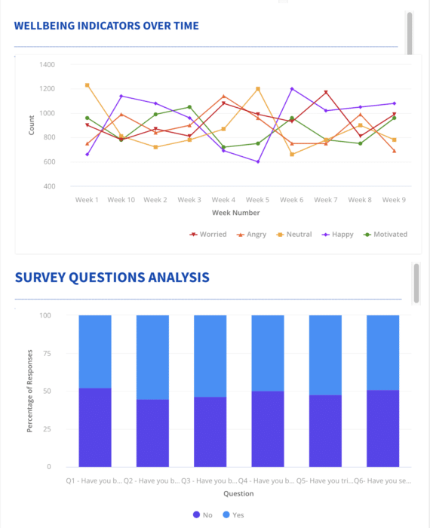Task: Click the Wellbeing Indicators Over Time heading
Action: [x=106, y=26]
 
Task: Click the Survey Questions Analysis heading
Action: [x=112, y=277]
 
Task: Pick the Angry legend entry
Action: [x=252, y=235]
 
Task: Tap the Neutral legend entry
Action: [x=294, y=235]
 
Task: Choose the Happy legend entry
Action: [x=337, y=235]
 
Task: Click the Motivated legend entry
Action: [x=385, y=235]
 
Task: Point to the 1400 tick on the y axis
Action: [x=47, y=65]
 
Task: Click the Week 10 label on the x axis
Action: [x=121, y=200]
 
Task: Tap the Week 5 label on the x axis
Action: [x=257, y=200]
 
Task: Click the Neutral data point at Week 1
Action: [x=88, y=85]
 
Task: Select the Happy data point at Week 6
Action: [x=292, y=89]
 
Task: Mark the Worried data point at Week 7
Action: [x=326, y=93]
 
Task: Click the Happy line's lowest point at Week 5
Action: [x=257, y=161]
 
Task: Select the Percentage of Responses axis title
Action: [x=30, y=390]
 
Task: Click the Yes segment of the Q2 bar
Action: [x=152, y=357]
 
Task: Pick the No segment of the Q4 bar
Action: [x=267, y=428]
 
